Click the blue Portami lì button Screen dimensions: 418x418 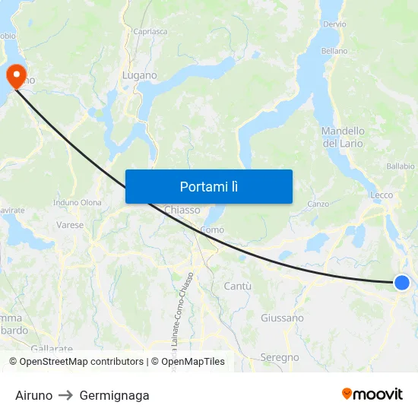208,186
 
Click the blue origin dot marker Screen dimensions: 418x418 402,283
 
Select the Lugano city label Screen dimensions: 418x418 139,76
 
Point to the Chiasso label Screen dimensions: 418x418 182,210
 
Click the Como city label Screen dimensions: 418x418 211,230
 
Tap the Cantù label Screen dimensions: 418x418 238,286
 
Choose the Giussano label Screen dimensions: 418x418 282,318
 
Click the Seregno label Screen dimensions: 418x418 280,357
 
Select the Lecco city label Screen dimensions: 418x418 382,195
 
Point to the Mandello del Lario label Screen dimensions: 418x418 343,137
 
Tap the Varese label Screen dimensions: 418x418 70,225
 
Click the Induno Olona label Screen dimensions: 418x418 78,203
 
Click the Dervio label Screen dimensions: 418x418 334,24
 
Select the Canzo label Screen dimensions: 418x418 318,204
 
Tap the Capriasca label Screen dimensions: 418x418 150,31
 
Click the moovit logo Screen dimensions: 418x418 372,394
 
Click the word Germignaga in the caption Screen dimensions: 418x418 114,395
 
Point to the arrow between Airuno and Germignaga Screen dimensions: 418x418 66,395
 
